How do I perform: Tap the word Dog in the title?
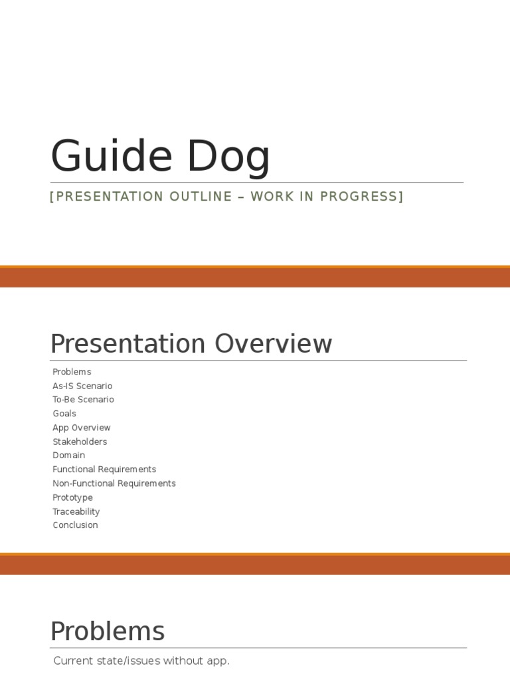tap(228, 157)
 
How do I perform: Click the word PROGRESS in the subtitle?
tap(361, 197)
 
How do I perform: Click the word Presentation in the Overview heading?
tap(127, 344)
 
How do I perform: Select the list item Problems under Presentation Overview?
tap(72, 372)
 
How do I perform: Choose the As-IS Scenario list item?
tap(82, 386)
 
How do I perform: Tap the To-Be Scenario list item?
tap(83, 400)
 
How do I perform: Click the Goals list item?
tap(64, 414)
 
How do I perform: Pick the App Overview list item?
tap(82, 428)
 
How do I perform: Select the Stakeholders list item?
tap(80, 442)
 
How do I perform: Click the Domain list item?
tap(69, 456)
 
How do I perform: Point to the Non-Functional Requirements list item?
tap(114, 483)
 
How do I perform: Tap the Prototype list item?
tap(72, 497)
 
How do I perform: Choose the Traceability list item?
tap(76, 511)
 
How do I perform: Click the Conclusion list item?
tap(75, 525)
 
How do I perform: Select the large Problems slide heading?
tap(108, 631)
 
